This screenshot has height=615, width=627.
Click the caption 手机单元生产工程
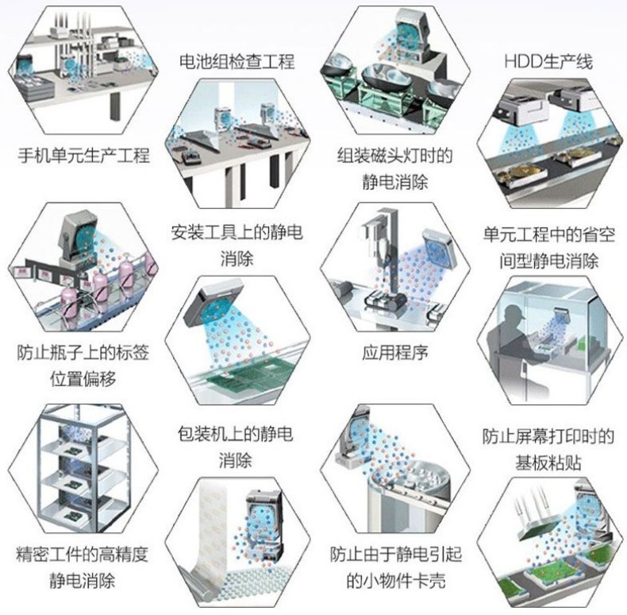coord(83,155)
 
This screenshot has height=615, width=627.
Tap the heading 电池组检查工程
coord(237,62)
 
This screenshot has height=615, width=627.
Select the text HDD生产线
coord(548,62)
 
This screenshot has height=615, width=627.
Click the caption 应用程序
coord(395,352)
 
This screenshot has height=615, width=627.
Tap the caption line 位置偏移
coord(83,378)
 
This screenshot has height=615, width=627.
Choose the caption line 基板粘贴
coord(548,462)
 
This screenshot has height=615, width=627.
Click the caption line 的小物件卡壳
coord(396,580)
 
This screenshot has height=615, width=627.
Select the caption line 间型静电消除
coord(548,261)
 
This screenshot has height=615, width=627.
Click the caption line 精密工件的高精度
coord(83,555)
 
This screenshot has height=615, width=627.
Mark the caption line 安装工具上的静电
coord(237,232)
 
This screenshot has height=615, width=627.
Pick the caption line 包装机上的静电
coord(235,434)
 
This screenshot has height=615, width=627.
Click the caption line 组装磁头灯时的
coord(395,156)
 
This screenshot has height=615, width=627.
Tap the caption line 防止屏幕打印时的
coord(548,436)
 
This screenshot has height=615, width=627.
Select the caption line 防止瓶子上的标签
coord(83,352)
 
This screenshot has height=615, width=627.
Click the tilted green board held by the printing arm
coord(539,525)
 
